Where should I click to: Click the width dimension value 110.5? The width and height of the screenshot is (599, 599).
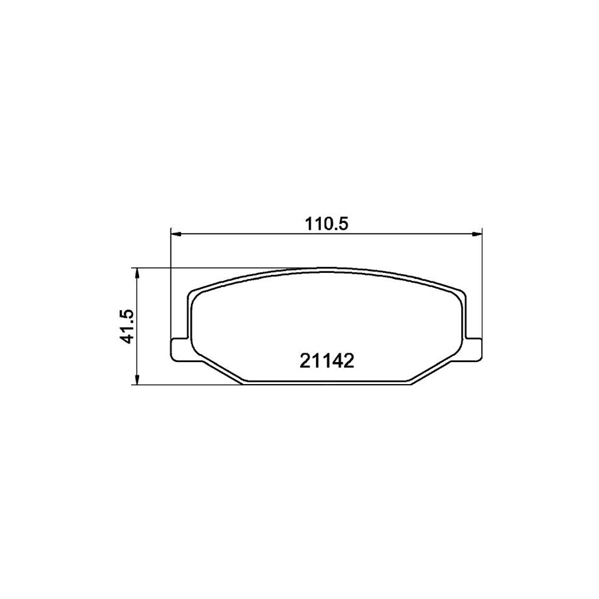click(x=326, y=224)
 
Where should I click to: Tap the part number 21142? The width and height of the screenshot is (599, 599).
click(x=326, y=361)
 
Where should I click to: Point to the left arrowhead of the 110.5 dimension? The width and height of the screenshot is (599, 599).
click(x=176, y=234)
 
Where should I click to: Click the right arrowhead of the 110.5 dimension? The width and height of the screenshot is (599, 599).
click(x=477, y=234)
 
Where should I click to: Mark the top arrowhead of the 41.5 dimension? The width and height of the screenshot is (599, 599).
click(x=136, y=272)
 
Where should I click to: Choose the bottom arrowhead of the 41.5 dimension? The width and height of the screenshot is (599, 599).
click(x=136, y=381)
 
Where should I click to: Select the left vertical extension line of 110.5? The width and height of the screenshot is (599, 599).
click(x=172, y=286)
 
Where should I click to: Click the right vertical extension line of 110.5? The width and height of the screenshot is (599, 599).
click(x=481, y=286)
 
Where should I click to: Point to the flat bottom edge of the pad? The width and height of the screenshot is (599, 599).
click(x=326, y=384)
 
